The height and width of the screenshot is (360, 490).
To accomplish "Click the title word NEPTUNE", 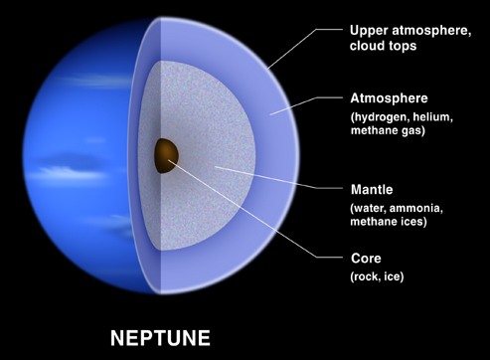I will pyautogui.click(x=160, y=337).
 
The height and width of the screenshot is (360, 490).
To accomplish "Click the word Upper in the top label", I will pyautogui.click(x=370, y=29).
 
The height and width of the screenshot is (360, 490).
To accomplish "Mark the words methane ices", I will pyautogui.click(x=389, y=222).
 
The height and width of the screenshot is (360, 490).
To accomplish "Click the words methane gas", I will pyautogui.click(x=388, y=134).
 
